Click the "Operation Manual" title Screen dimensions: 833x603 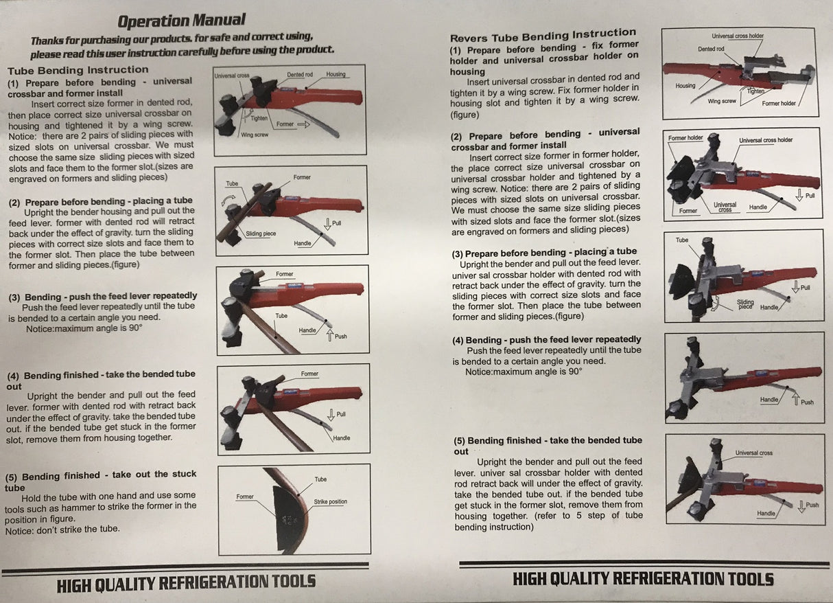pos(181,21)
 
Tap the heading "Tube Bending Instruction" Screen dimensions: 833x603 pos(78,70)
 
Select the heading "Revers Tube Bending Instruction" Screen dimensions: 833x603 pos(543,36)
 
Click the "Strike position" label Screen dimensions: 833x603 pos(330,501)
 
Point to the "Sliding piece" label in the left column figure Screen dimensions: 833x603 pos(261,234)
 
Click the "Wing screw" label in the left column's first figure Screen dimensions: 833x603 pos(255,135)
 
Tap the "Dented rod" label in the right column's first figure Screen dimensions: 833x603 pos(711,49)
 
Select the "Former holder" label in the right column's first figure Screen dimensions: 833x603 pos(779,103)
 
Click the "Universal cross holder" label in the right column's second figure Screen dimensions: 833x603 pos(766,140)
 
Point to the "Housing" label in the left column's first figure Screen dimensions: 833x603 pos(336,74)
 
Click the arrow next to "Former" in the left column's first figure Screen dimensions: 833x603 pos(303,124)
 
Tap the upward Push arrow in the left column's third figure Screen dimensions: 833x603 pos(329,335)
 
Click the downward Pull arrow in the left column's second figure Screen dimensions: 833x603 pos(327,224)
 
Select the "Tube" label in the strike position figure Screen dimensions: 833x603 pos(320,479)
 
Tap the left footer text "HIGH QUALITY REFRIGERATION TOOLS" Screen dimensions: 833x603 pos(187,583)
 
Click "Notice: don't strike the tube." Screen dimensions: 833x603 pos(62,530)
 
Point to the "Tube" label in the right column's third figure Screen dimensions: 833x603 pos(681,240)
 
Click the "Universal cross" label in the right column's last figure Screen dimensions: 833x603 pos(754,453)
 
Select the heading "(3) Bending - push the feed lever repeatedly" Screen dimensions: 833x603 pos(103,297)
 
